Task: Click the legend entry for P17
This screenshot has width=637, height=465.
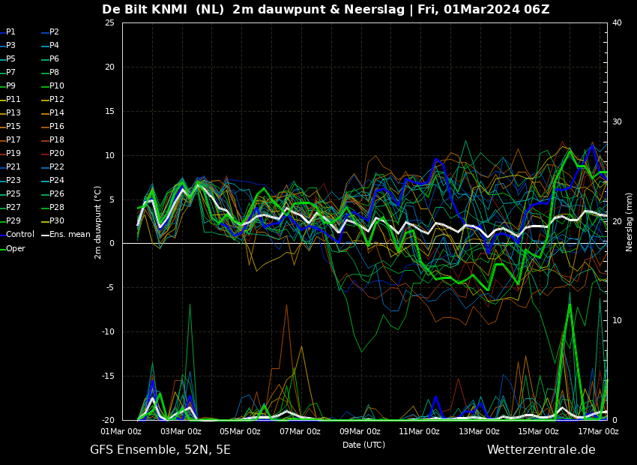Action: tap(10, 139)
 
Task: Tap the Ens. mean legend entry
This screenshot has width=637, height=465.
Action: tap(66, 235)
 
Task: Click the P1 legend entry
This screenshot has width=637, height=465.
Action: tap(8, 31)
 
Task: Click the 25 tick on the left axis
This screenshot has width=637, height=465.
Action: tap(109, 22)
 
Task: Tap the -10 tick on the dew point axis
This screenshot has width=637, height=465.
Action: tap(109, 331)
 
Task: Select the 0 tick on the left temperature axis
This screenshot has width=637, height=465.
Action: tap(112, 244)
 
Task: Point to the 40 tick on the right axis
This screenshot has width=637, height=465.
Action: tap(617, 22)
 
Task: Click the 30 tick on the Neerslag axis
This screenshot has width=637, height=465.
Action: tap(617, 122)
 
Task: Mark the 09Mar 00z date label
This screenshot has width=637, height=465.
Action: tap(360, 431)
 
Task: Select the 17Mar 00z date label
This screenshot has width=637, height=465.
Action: tap(598, 431)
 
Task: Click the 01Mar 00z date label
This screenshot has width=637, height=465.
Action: tap(121, 431)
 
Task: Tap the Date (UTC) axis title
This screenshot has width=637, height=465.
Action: tap(363, 445)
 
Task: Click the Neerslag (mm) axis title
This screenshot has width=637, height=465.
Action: tap(630, 222)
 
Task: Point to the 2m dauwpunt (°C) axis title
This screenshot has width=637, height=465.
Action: tap(98, 222)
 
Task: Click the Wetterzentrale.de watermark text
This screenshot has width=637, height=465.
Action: tap(541, 449)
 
